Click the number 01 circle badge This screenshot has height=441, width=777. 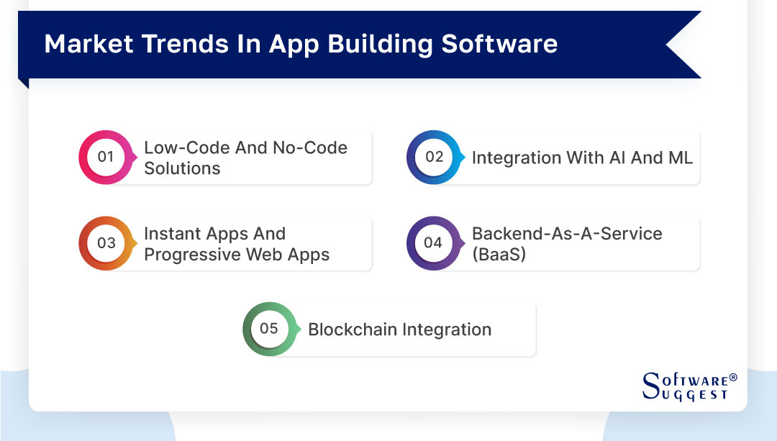point(106,157)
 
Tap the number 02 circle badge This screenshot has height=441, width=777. point(434,157)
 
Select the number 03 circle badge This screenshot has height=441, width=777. point(106,243)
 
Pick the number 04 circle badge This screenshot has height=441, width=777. point(433,243)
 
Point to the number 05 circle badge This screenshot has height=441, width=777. point(269,329)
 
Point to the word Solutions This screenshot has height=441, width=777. point(182,168)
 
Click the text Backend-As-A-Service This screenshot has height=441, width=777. point(567,234)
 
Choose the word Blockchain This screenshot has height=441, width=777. point(352,329)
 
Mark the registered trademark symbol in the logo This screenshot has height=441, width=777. point(733,377)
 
